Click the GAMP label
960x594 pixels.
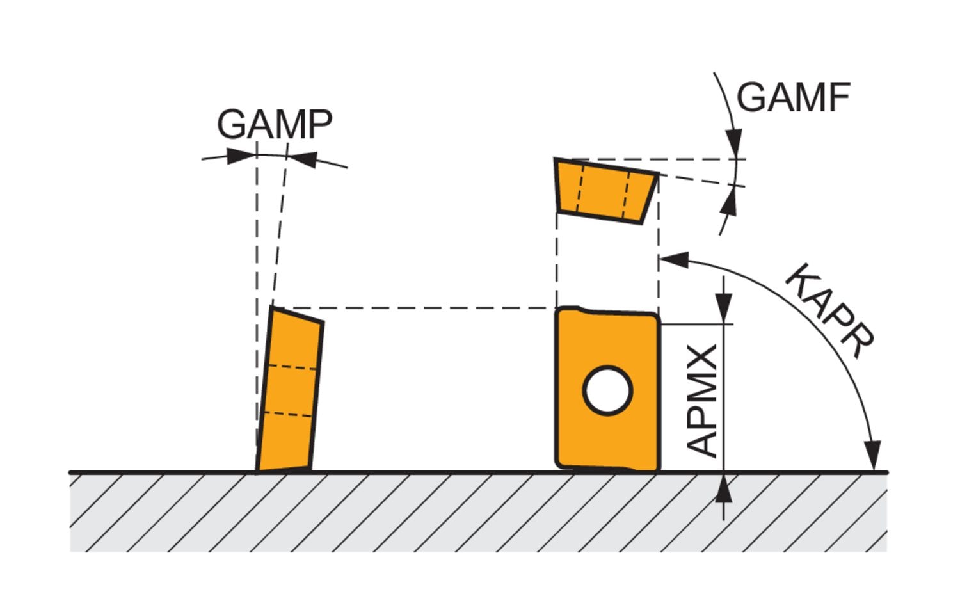[x=275, y=124]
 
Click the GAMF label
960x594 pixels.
[x=793, y=98]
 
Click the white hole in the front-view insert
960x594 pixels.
[x=607, y=390]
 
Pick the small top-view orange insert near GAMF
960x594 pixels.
[x=605, y=191]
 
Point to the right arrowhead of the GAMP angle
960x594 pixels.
[x=302, y=158]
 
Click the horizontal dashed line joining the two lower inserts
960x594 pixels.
[x=416, y=308]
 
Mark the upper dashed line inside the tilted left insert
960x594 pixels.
[x=292, y=367]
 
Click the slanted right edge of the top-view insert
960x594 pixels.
[x=650, y=198]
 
